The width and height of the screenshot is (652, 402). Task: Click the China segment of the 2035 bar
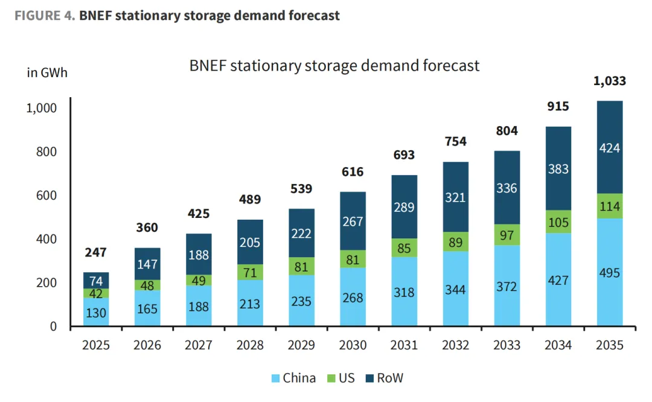click(x=609, y=272)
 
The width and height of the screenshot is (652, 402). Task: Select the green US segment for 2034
click(x=558, y=222)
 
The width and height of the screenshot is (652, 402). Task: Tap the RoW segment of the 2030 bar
click(x=353, y=221)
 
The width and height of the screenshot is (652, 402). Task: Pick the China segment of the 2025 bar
click(x=96, y=312)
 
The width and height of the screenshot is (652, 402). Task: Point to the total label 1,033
click(x=609, y=81)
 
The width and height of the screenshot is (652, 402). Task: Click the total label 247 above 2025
click(x=96, y=252)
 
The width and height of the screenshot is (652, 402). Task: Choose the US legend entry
click(x=340, y=378)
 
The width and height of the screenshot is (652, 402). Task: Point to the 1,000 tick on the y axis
click(x=42, y=108)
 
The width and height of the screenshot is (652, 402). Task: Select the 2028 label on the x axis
click(x=250, y=345)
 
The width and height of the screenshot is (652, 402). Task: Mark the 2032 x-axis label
click(x=455, y=345)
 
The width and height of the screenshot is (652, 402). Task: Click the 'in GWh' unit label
click(x=47, y=73)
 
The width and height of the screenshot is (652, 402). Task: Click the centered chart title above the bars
click(x=334, y=65)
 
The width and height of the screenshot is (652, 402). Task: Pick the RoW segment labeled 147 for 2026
click(x=147, y=264)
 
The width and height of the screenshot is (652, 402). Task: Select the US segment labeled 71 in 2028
click(x=250, y=272)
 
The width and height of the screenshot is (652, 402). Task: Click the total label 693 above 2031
click(x=404, y=155)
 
